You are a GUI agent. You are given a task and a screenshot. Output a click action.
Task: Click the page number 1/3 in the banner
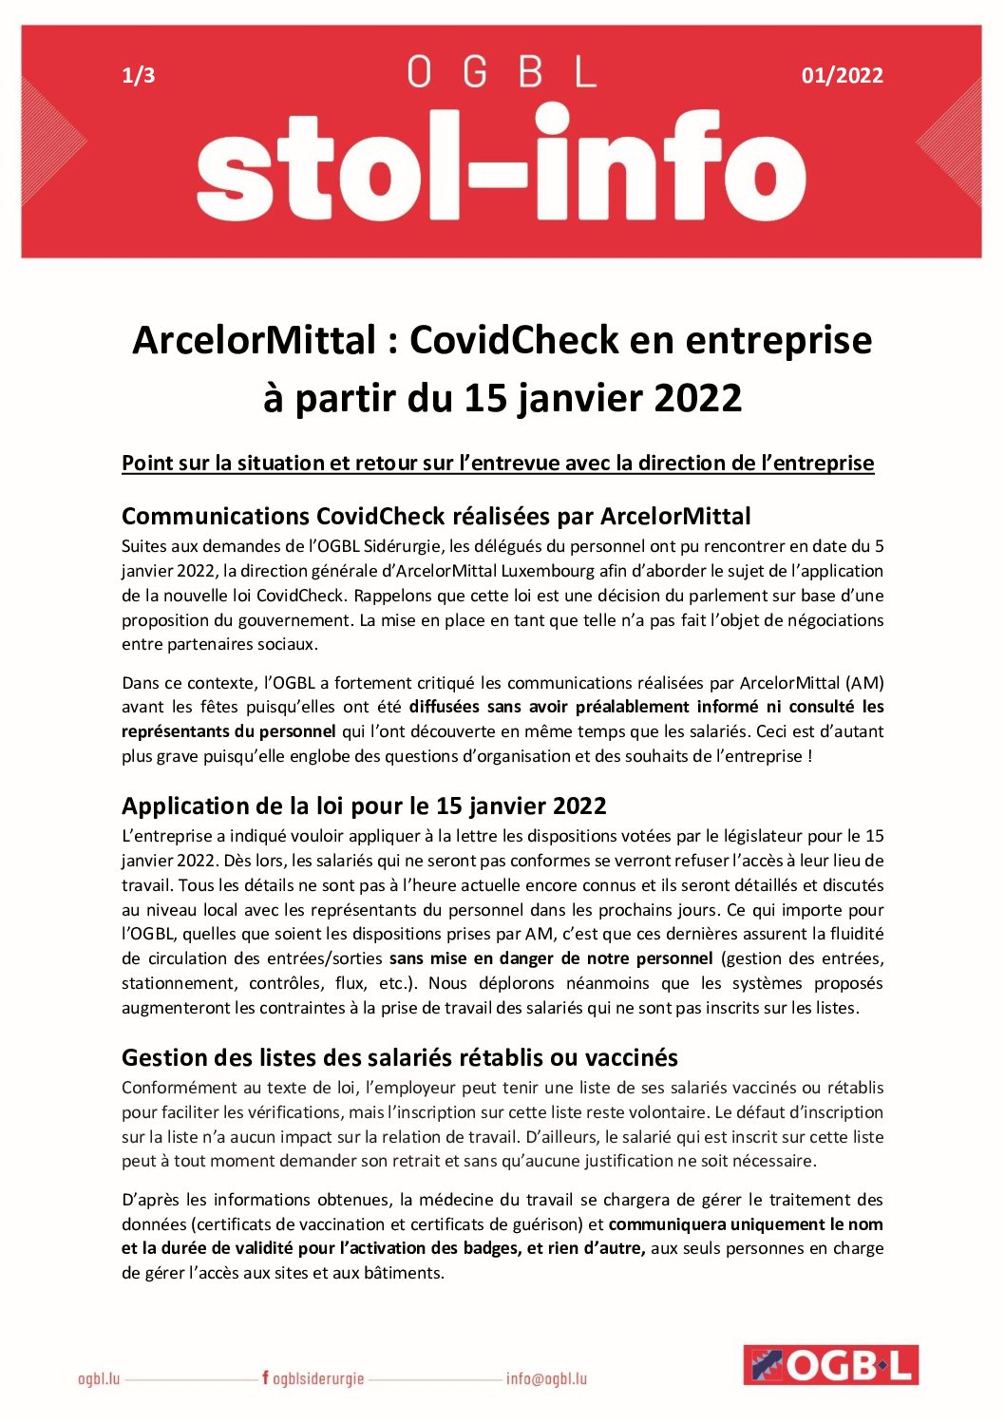139,76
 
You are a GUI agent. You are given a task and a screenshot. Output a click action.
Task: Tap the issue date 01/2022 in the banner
842,76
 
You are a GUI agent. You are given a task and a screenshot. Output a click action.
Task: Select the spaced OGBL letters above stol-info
502,72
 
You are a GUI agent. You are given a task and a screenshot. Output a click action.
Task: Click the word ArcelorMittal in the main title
255,340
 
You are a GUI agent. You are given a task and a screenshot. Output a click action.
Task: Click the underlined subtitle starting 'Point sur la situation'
498,464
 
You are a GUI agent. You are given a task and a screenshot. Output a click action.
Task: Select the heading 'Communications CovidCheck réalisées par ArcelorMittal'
436,517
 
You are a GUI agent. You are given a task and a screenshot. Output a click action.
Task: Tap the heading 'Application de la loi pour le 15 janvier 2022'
364,806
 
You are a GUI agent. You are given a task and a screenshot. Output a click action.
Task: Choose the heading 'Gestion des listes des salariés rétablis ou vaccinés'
400,1058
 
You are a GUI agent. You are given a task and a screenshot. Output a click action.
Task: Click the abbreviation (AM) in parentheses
864,683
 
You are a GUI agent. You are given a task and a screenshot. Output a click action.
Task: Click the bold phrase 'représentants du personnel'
228,731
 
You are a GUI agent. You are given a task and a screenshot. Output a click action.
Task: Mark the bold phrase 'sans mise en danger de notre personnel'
551,958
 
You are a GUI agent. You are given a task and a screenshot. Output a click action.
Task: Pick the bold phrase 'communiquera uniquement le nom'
746,1224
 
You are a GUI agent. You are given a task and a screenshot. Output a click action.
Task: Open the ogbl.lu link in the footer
99,1378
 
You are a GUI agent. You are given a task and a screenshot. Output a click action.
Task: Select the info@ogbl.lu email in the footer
546,1378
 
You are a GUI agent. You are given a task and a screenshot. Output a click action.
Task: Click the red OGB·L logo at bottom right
830,1365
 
